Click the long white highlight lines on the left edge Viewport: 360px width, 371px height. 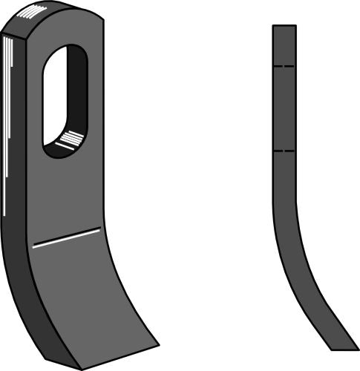pyautogui.click(x=9, y=111)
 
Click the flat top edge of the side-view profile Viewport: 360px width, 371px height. pyautogui.click(x=284, y=26)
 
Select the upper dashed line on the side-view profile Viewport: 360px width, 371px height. pyautogui.click(x=284, y=67)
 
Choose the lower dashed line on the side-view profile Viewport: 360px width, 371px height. pyautogui.click(x=284, y=151)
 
